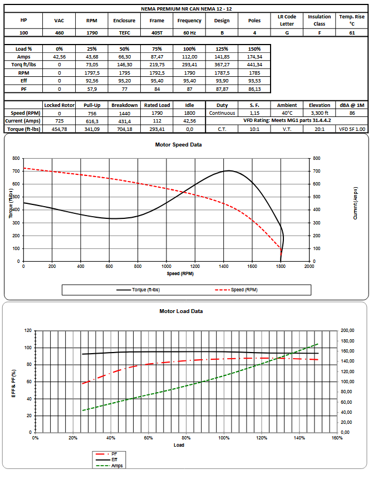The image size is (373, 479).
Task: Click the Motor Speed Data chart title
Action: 178,145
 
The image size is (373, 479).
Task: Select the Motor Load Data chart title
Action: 181,311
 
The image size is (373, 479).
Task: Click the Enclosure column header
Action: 124,21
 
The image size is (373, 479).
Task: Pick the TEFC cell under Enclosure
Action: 125,33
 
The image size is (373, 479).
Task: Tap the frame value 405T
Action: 157,33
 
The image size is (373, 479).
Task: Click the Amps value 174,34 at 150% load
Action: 254,57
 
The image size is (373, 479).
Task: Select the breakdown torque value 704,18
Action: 125,129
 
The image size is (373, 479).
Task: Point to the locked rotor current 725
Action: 59,121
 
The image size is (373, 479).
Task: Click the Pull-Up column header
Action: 92,105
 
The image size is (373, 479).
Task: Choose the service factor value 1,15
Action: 254,113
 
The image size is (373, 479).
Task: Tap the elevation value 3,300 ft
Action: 320,113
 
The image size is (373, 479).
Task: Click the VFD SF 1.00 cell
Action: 352,129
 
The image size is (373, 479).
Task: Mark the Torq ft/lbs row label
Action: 23,65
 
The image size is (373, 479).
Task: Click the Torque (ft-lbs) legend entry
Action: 138,290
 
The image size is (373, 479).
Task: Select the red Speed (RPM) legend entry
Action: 236,290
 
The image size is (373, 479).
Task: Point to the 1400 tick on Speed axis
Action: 223,266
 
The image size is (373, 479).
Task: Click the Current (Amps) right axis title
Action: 355,203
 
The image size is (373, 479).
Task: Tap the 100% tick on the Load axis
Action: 224,438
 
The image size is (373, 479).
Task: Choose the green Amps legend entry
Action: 109,466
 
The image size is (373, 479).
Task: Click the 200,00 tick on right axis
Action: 347,330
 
